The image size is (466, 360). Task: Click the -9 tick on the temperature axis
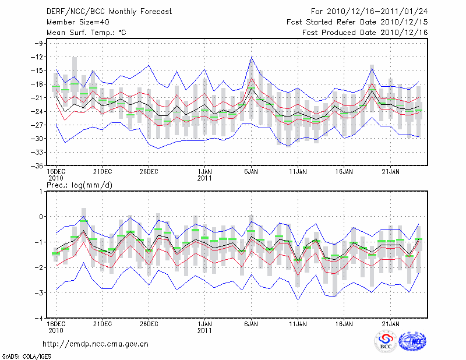39,43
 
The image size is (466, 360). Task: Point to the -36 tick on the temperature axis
38,165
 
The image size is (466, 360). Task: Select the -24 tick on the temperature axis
38,111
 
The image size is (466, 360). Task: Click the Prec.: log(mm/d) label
80,185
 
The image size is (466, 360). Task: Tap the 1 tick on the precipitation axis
42,191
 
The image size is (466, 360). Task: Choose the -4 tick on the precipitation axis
40,318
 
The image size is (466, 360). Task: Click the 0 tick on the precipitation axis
42,217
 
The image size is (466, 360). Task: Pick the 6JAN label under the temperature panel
251,172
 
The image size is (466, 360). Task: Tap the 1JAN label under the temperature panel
204,172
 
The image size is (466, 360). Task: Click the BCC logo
386,342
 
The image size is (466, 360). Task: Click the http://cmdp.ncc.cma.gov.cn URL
96,344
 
